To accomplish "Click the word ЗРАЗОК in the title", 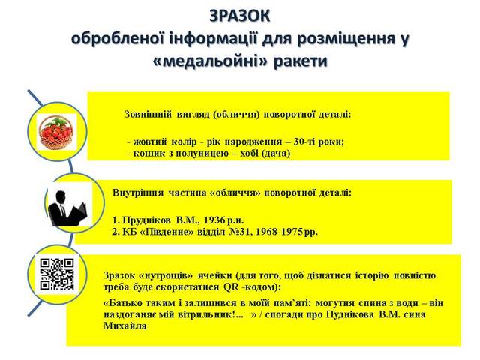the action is tap(240, 16).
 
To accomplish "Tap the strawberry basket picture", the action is tap(57, 132).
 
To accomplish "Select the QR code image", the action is tap(57, 274).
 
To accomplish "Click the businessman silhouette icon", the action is tap(68, 208).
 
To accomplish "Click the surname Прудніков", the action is tap(147, 220).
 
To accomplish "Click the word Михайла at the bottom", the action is tap(125, 325).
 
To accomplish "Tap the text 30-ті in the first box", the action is tap(304, 142).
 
